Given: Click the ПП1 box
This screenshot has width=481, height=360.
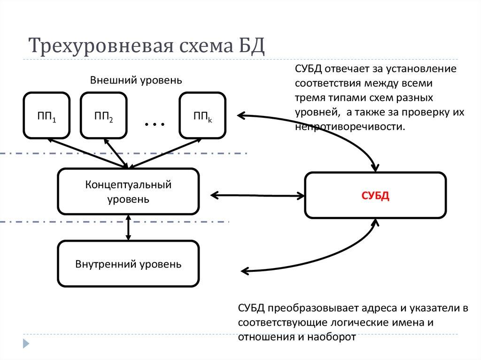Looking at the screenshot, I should coord(47,115).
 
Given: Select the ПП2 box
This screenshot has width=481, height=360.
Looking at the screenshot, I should coord(103,115).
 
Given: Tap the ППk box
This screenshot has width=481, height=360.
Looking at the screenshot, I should coord(202,115).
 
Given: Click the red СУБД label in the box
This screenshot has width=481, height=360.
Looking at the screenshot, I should coord(375,196).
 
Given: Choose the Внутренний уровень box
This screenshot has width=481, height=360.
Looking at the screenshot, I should coord(128,264).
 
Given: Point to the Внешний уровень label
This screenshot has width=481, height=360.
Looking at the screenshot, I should coord(136,80).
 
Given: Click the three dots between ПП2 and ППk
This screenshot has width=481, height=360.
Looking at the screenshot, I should coord(155,124).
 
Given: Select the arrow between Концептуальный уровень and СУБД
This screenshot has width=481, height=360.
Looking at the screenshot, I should coord(256,194).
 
